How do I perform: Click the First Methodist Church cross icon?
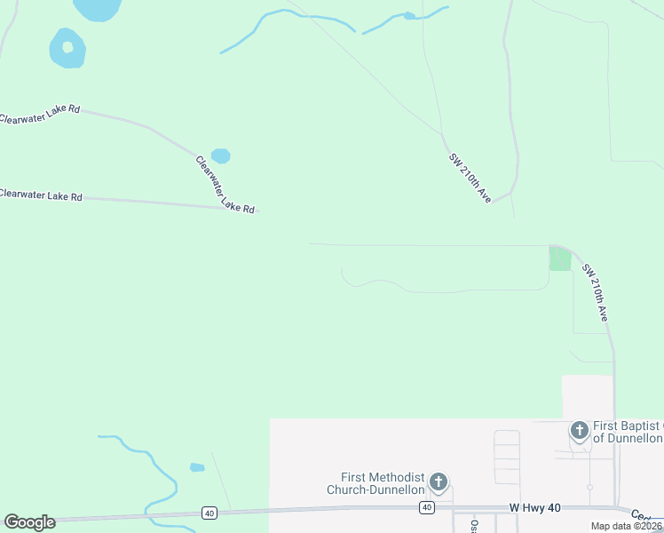[438, 482]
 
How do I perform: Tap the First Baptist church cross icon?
[580, 432]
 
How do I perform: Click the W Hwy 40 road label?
[535, 506]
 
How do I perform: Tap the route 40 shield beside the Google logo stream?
[209, 513]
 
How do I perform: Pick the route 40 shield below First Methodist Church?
[427, 507]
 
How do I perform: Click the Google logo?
[29, 522]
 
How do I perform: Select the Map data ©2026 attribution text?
[626, 526]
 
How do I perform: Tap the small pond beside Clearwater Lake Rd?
[220, 156]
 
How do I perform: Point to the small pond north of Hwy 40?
[197, 467]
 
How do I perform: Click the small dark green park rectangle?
[559, 259]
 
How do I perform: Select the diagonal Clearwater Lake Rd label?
[225, 185]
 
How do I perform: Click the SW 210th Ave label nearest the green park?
[595, 292]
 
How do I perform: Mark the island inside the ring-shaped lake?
[67, 47]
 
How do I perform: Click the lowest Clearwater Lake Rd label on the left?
[41, 195]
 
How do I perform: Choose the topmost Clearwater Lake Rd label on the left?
[40, 115]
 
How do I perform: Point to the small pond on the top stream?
[408, 16]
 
